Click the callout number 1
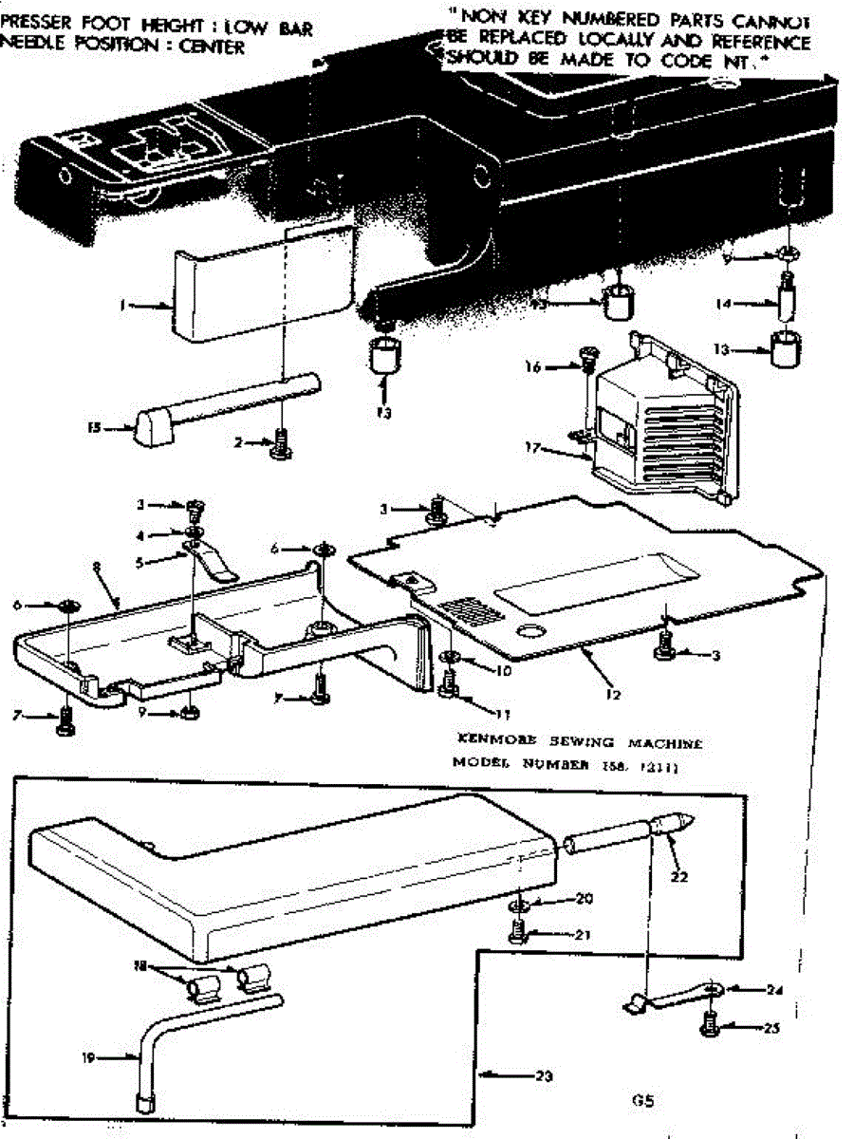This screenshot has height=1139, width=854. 122,306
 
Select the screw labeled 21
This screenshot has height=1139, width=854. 518,934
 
